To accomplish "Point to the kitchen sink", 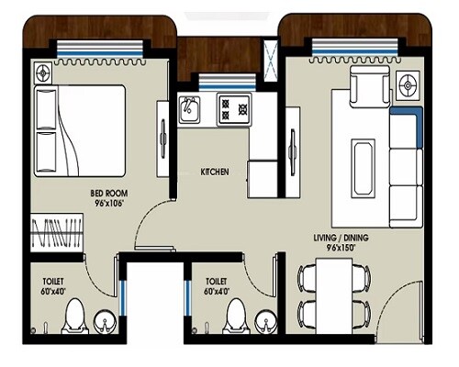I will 189,111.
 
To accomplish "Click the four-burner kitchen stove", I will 234,111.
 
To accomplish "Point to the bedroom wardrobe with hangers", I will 58,232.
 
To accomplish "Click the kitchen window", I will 220,81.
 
